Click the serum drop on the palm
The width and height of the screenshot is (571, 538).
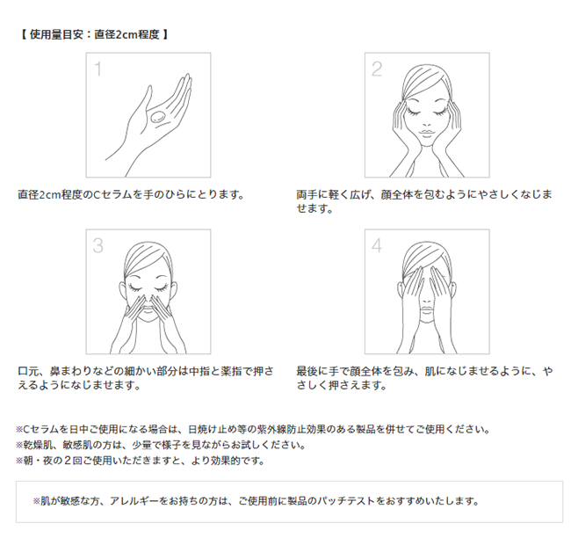pos(158,117)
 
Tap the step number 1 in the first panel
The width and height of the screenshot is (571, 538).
pos(98,69)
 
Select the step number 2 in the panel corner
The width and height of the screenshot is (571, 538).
pos(377,69)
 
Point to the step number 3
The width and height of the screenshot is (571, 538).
pos(98,245)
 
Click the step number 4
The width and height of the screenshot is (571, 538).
pos(377,245)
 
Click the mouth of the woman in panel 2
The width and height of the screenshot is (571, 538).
pos(427,133)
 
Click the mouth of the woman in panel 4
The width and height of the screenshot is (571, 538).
pos(427,309)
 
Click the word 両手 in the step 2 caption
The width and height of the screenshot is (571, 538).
pos(307,194)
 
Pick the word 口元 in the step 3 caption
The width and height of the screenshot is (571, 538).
pos(28,371)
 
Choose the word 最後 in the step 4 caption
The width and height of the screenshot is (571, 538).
pos(307,371)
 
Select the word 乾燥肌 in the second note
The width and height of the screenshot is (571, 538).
pos(38,445)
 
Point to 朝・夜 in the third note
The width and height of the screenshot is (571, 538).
pos(39,461)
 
